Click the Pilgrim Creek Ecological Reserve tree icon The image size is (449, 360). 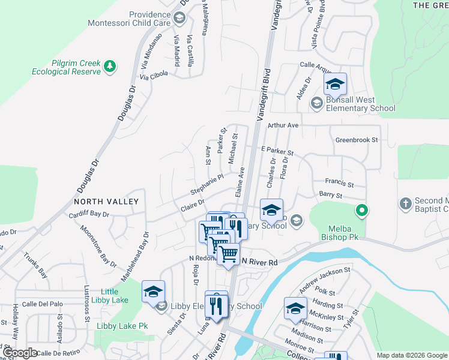coord(109,66)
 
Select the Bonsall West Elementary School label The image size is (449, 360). coord(360,104)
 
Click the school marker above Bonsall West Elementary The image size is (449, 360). coord(336,85)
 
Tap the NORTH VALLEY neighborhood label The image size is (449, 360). coord(106,202)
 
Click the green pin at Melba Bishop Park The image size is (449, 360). coord(361,211)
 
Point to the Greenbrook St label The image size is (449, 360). coord(357,140)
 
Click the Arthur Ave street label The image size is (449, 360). coord(283,125)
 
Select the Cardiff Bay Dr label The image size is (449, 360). coord(89,214)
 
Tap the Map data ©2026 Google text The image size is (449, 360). coord(411,355)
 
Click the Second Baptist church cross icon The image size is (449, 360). coord(405,203)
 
